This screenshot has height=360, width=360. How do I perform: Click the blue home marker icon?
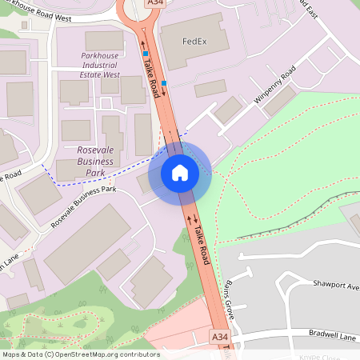tap(179, 173)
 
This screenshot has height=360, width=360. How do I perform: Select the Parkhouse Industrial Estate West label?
tap(101, 65)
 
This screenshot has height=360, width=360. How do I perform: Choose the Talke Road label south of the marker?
tap(202, 244)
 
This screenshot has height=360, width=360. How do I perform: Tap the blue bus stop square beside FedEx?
tap(164, 82)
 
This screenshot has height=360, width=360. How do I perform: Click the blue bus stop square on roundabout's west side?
tap(146, 54)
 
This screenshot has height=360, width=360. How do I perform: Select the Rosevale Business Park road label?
tap(83, 206)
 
